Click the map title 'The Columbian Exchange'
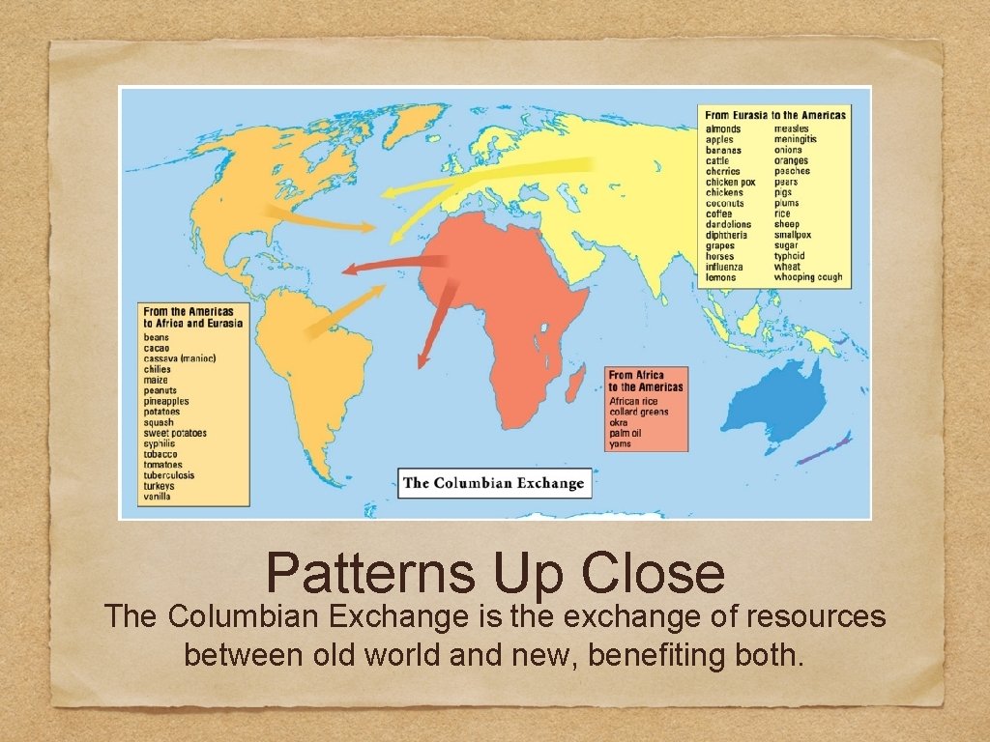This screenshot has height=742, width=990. coord(494,483)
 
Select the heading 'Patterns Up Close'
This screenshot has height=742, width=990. coord(495,572)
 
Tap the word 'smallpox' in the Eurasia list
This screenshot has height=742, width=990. coord(793,235)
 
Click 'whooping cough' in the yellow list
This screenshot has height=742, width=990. coord(808,277)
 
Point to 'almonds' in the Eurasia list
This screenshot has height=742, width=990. coord(723,129)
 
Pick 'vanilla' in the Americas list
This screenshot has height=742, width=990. coord(158,497)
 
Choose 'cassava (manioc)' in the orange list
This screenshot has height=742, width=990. coord(179,358)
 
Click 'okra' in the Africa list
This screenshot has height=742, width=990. coord(619,423)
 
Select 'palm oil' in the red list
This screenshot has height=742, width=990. coord(626,434)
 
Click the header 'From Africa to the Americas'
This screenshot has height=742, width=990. coord(646,381)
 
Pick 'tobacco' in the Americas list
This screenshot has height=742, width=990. coord(160,454)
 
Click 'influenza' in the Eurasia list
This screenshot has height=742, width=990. coord(726,267)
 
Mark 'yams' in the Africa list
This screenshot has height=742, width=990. coord(620,444)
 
